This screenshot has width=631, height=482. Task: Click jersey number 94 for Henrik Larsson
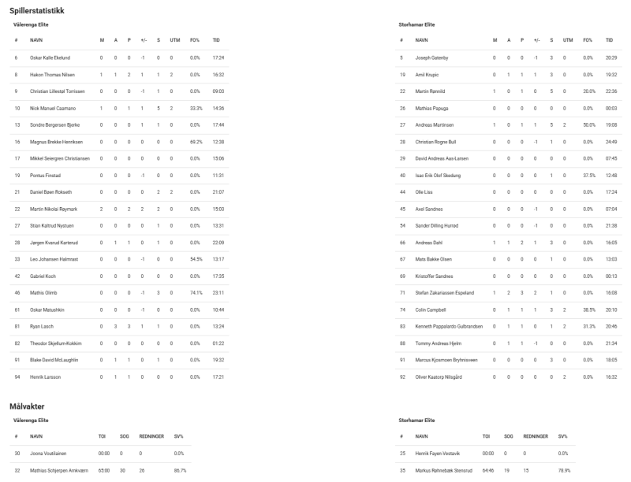pyautogui.click(x=16, y=377)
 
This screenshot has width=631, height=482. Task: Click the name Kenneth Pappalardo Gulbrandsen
pyautogui.click(x=450, y=327)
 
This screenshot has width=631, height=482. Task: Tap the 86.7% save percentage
pyautogui.click(x=179, y=472)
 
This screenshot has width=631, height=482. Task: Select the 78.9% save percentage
pyautogui.click(x=564, y=472)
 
